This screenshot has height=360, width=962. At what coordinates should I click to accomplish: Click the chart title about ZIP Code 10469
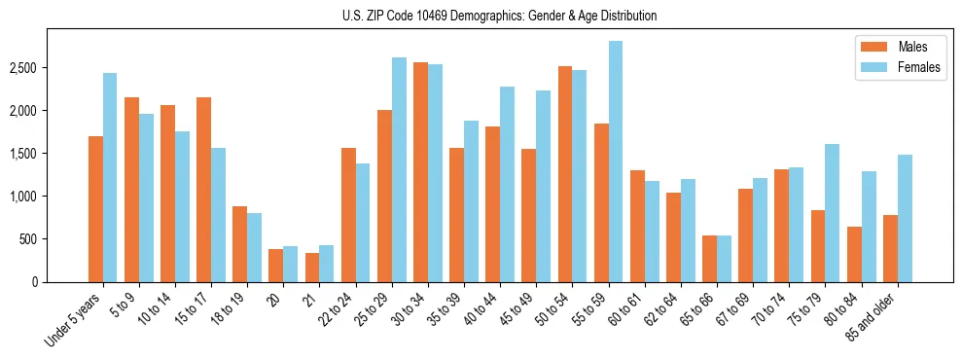500,16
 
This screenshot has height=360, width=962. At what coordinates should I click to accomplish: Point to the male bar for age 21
312,268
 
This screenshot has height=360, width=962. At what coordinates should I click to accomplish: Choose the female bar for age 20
291,264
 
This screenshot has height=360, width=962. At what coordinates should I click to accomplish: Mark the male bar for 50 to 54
565,174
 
